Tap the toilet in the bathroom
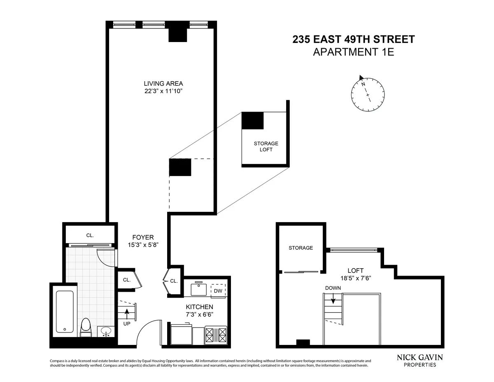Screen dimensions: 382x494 click(86, 328)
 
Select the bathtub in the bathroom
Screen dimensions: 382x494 click(65, 312)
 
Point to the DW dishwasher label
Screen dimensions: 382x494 click(218, 291)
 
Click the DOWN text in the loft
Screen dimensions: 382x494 click(333, 288)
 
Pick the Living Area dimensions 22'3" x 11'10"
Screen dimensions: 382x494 click(161, 91)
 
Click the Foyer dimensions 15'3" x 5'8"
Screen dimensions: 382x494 click(143, 244)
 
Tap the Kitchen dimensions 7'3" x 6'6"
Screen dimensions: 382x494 click(199, 314)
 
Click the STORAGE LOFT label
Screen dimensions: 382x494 click(266, 146)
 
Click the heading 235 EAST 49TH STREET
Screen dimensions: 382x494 click(353, 40)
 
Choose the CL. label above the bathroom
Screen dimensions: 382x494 click(90, 235)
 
